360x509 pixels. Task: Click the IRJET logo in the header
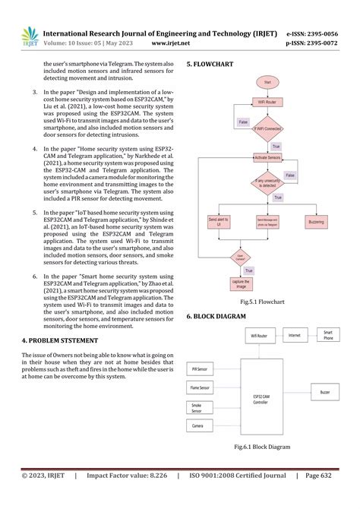pos(30,36)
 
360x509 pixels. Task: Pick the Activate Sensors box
pos(267,157)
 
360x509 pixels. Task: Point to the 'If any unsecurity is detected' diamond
pos(267,182)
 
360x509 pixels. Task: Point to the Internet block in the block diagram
pos(295,334)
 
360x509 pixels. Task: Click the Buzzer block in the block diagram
pos(324,393)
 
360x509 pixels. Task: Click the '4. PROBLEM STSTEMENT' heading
pos(62,341)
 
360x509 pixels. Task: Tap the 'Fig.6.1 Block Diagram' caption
pos(261,446)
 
